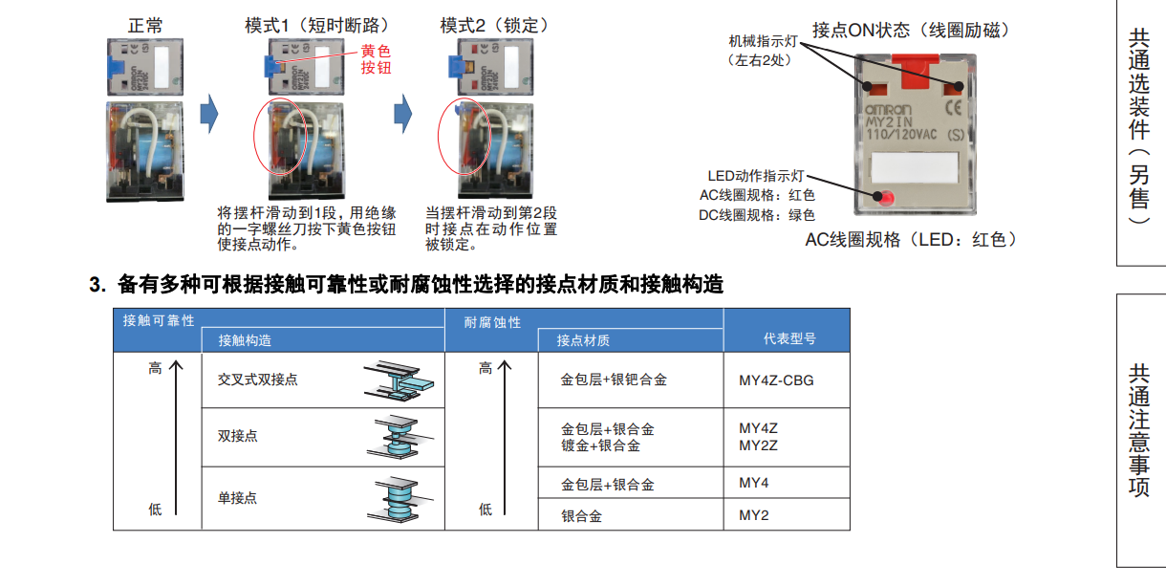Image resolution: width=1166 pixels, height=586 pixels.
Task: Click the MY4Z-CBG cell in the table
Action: (776, 380)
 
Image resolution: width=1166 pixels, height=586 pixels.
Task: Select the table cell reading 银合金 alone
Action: (581, 516)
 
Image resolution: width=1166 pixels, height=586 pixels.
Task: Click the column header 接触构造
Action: (245, 340)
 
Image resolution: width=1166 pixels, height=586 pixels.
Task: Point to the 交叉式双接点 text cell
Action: (257, 380)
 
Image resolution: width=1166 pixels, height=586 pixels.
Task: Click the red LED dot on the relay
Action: (885, 199)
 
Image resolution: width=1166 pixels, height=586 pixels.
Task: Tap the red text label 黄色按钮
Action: (376, 59)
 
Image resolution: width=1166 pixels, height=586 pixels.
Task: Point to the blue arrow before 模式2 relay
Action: (402, 115)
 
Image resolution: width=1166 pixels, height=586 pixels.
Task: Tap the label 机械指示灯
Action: (761, 41)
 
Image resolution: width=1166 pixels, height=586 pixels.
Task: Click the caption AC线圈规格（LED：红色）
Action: (911, 240)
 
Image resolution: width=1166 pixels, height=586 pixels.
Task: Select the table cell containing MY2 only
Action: (753, 515)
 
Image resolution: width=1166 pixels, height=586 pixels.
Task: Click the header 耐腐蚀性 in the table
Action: (492, 322)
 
